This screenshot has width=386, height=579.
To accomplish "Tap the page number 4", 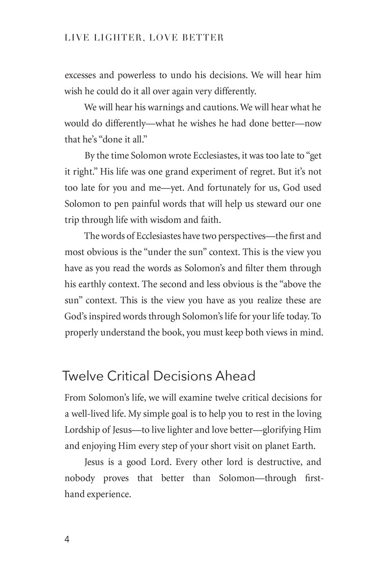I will point(67,539).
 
